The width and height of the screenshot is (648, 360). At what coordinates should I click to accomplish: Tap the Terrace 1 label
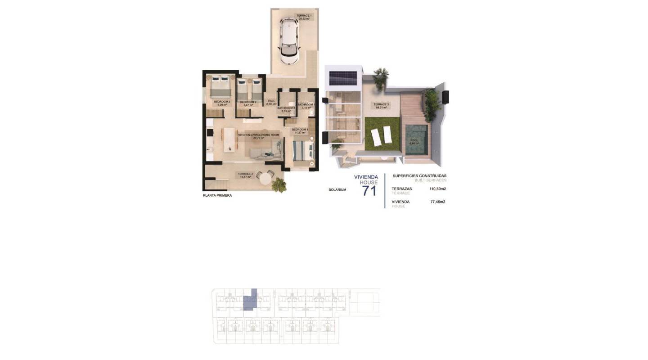pos(304,17)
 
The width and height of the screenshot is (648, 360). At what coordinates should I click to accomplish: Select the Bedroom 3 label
pos(222,103)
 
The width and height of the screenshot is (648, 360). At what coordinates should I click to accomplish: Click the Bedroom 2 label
pos(248,103)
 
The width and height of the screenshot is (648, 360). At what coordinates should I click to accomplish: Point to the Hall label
pos(271,102)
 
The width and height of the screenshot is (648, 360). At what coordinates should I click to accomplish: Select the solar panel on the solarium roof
pos(343,78)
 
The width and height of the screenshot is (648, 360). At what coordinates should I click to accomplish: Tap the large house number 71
pos(369,191)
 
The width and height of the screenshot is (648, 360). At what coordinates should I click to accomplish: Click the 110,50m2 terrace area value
pos(437,189)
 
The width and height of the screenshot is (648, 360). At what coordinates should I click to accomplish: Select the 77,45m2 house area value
pos(437,202)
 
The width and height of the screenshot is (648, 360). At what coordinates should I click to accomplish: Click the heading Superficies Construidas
pos(419,176)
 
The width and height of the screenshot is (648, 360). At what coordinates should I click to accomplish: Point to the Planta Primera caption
pos(217,196)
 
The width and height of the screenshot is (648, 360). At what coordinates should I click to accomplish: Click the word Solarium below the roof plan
pos(337,190)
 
